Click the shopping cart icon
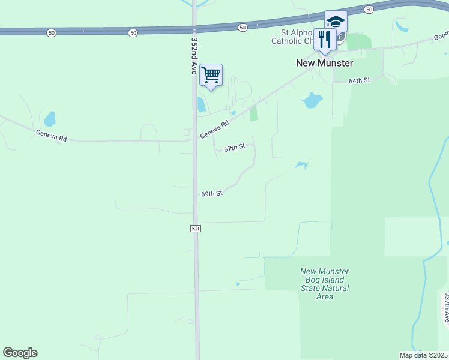211,76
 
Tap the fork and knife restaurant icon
324,40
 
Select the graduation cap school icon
336,22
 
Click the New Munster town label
324,63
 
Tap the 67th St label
235,148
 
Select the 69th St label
212,194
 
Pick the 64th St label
360,80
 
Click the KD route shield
195,229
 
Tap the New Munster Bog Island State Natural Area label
324,284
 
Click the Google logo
20,353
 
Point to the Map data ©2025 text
423,355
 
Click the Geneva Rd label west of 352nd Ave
51,136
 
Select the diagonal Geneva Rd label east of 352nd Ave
215,130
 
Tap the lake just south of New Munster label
312,100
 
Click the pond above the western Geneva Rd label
49,118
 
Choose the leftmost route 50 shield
52,32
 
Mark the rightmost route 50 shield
369,9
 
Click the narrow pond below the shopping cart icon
202,105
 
